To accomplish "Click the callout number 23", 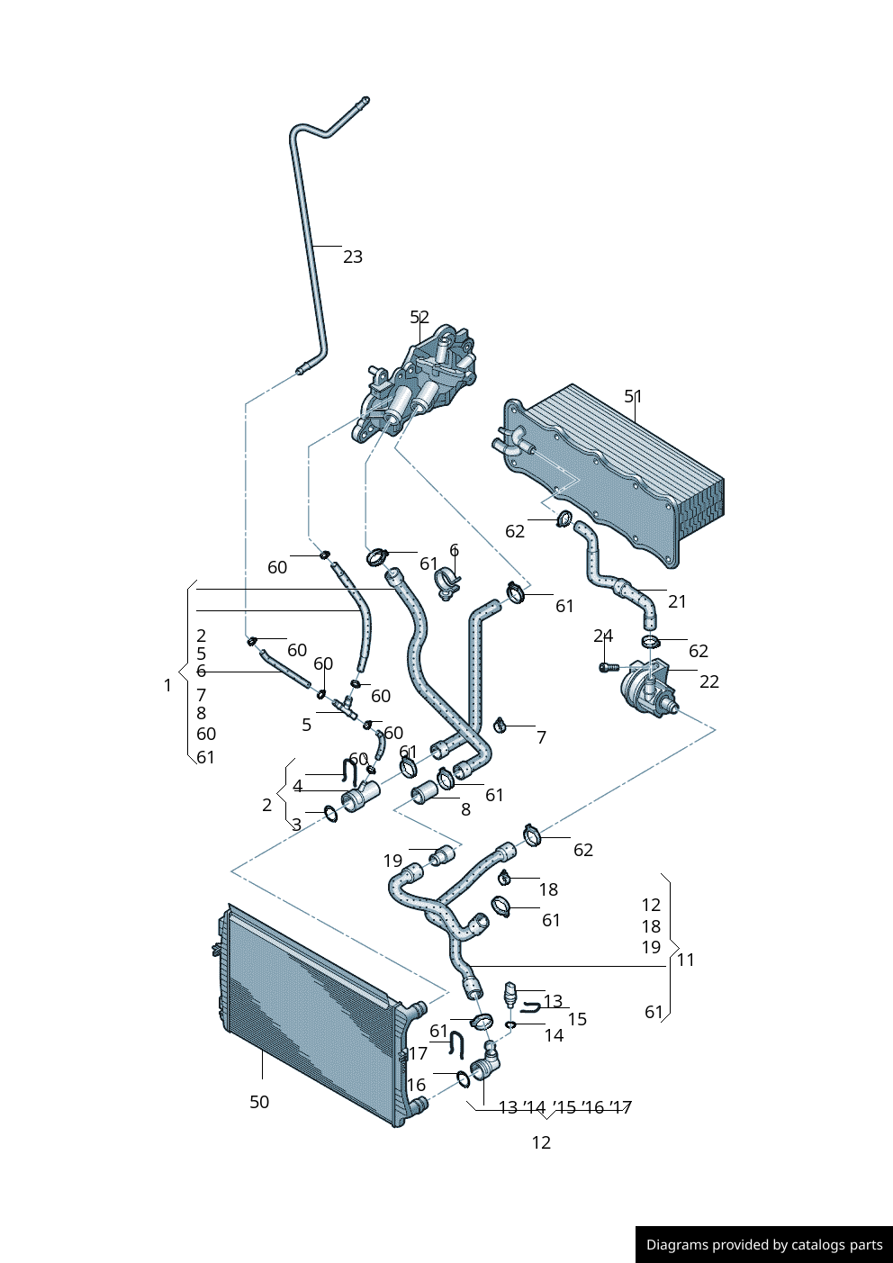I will click(x=353, y=257).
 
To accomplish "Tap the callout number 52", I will click(x=419, y=317).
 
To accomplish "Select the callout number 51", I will click(x=634, y=396).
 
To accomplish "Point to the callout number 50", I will click(x=259, y=1102).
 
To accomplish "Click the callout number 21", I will click(x=677, y=601).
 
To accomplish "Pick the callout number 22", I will click(x=709, y=681).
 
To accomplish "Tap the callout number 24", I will click(x=603, y=636).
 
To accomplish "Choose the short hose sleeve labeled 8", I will click(x=424, y=793).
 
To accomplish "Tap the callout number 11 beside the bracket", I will click(x=686, y=960).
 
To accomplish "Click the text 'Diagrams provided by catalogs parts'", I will click(x=764, y=1245).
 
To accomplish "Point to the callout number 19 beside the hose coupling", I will click(x=392, y=861).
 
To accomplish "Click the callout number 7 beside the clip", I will click(x=541, y=737).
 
